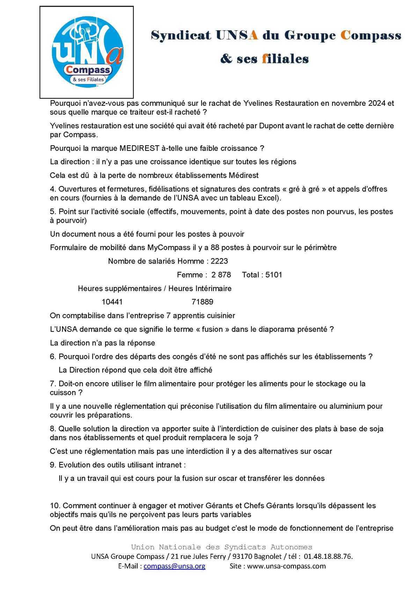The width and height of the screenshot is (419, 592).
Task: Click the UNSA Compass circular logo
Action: pos(87,52)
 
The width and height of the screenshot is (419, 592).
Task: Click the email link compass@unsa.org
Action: pos(174,566)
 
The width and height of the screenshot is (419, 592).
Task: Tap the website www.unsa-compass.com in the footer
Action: pos(286,566)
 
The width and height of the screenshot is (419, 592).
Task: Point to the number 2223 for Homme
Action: pos(219,261)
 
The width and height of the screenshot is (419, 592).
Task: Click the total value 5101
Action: pos(274,275)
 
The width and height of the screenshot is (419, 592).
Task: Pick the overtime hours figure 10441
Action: pos(112,302)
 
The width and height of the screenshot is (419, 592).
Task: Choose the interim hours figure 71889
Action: pos(203,302)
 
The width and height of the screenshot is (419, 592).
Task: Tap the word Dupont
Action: pos(271,126)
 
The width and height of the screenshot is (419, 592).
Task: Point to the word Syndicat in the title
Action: pos(181,35)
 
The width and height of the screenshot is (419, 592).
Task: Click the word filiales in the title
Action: pos(285,59)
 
